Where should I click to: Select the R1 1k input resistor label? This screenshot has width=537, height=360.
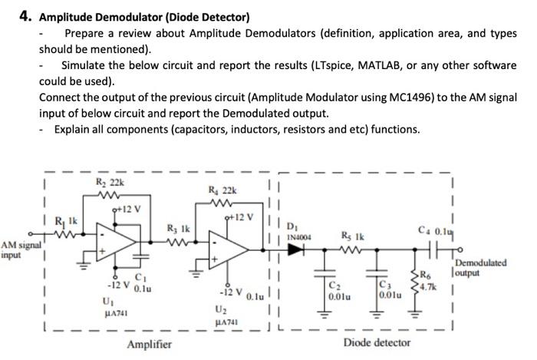click(68, 223)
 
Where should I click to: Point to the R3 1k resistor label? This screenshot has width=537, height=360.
click(178, 228)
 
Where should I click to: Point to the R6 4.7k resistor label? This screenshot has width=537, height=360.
click(430, 280)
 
